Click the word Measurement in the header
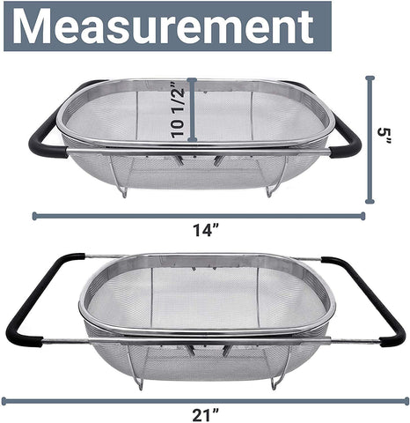[x=165, y=27]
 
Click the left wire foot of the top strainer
[x=124, y=189]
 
